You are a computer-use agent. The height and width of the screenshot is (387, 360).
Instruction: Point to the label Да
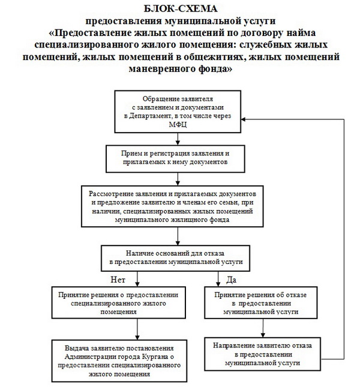click(230, 278)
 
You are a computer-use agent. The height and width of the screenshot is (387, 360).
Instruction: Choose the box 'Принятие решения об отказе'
click(257, 304)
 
